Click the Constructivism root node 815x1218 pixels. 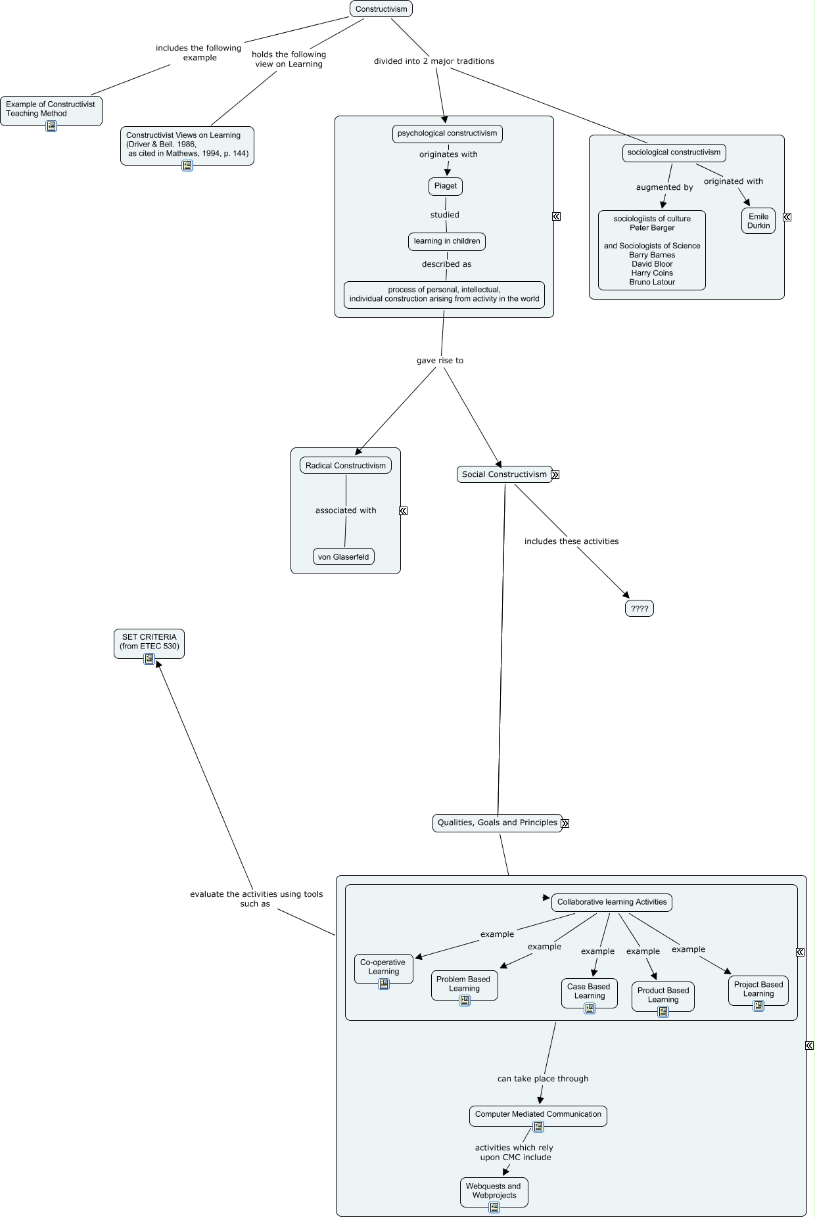(381, 9)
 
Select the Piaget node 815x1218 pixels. (445, 186)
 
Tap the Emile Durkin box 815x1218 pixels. (758, 221)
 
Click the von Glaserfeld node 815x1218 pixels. (343, 556)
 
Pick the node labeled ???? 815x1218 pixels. (639, 608)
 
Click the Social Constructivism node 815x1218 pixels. (503, 474)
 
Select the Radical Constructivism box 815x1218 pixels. (345, 465)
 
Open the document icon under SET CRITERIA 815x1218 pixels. (149, 659)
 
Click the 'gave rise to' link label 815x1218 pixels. (440, 360)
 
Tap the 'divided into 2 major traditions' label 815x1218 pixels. (434, 61)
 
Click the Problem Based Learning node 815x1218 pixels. (463, 983)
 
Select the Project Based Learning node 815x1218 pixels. (758, 989)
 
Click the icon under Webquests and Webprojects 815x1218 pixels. (494, 1207)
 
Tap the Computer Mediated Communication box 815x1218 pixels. (538, 1114)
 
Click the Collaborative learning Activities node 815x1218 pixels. (611, 902)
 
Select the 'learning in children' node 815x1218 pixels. (446, 241)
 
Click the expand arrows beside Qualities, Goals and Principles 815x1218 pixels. (565, 823)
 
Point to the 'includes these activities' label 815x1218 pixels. (571, 541)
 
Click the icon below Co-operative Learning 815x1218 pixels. (384, 984)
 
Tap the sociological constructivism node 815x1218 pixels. (674, 152)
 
